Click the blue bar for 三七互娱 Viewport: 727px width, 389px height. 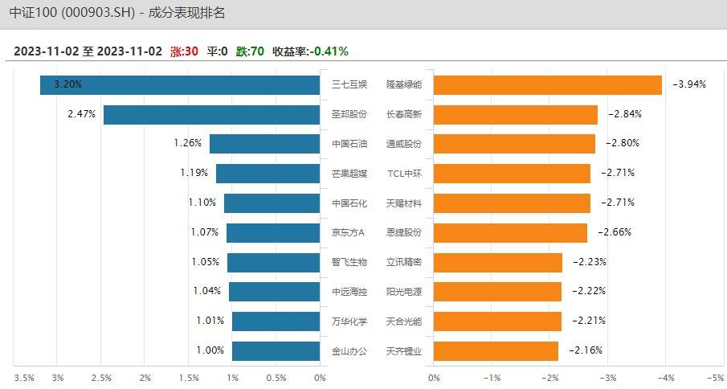[x=180, y=84]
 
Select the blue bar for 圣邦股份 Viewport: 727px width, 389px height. [x=211, y=114]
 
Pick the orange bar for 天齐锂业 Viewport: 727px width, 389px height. [x=495, y=350]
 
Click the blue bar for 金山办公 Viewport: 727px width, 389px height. [x=276, y=350]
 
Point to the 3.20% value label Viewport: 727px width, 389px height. [x=67, y=84]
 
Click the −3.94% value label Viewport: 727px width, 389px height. [x=689, y=84]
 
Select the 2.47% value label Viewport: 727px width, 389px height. [x=82, y=114]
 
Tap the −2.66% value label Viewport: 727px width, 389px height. [x=615, y=232]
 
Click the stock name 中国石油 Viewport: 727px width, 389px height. [x=349, y=144]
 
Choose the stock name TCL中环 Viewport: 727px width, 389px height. [x=404, y=173]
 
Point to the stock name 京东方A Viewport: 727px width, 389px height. [x=349, y=232]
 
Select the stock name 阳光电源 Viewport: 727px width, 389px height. [x=404, y=291]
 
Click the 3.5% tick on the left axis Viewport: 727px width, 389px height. [x=23, y=377]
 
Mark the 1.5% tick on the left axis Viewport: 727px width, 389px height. [x=189, y=377]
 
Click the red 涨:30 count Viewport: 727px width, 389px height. [x=184, y=51]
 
